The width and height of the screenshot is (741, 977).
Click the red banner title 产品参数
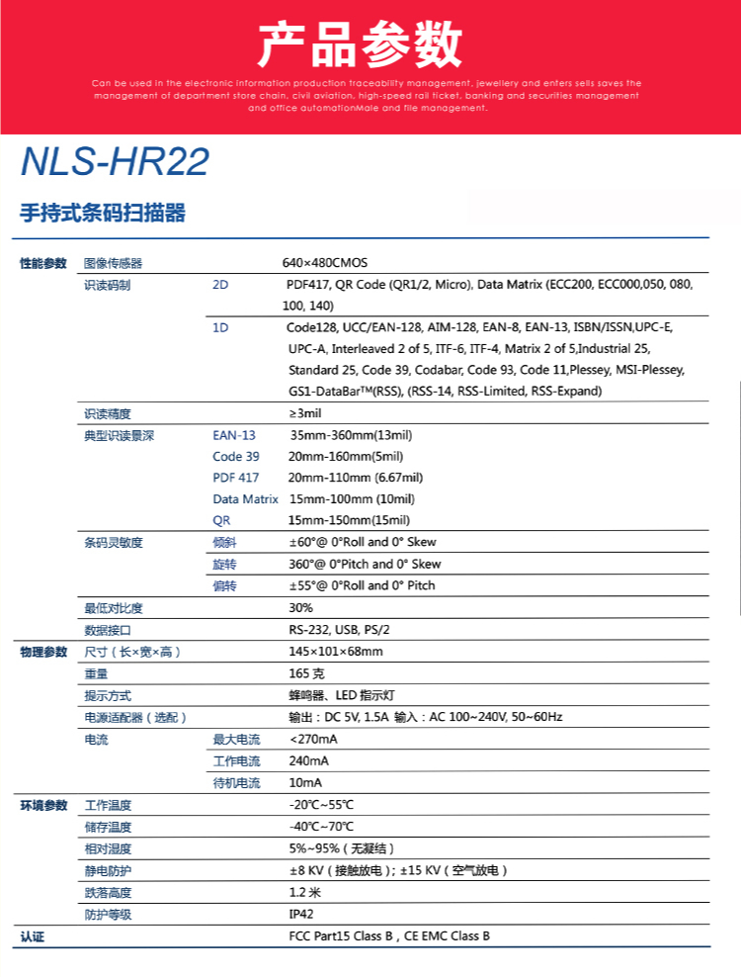coord(360,44)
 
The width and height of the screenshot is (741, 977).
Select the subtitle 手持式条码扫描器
coord(103,214)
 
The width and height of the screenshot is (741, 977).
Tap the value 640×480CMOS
coord(324,263)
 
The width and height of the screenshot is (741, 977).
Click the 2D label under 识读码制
coord(220,285)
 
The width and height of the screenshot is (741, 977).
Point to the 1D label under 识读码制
coord(220,327)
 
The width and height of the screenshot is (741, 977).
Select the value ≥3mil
coord(305,413)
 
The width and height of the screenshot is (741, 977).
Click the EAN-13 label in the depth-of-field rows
coord(233,435)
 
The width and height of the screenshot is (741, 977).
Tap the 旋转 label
coord(224,564)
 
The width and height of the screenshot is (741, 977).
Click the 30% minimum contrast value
coord(300,608)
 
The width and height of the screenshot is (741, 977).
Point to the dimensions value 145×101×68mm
coord(335,652)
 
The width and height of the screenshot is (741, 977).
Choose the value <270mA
coord(313,739)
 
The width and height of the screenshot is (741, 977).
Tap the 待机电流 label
coord(236,782)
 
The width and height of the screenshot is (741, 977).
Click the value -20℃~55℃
coord(321,805)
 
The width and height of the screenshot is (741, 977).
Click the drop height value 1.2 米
coord(304,892)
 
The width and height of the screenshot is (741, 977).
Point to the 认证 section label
coord(34,936)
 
